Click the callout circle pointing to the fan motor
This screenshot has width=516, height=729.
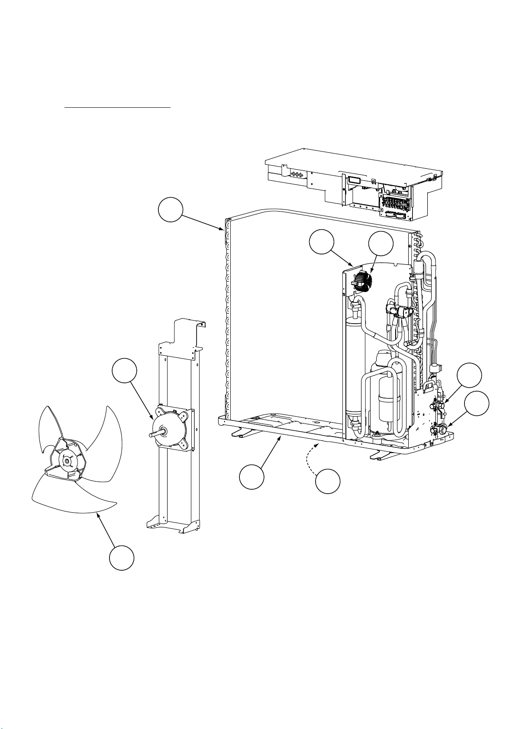click(125, 372)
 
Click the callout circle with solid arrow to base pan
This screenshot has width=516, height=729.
click(252, 477)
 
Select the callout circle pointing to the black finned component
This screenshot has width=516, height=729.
click(381, 244)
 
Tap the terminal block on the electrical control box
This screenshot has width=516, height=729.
click(394, 203)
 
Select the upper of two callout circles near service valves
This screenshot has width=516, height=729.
click(470, 376)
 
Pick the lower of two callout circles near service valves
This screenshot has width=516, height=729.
click(477, 403)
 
